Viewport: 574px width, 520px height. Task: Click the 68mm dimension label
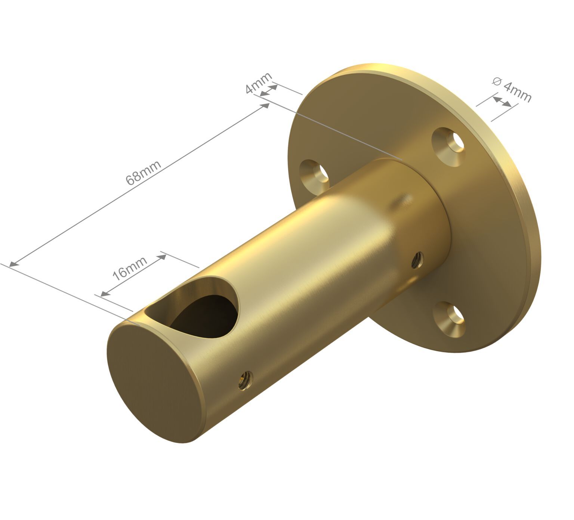(x=143, y=173)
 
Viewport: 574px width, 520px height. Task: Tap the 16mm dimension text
(x=130, y=268)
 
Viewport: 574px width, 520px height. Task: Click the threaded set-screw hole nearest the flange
(x=417, y=259)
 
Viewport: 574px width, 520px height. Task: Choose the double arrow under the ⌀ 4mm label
(x=502, y=101)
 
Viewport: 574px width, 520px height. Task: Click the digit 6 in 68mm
(x=131, y=180)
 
